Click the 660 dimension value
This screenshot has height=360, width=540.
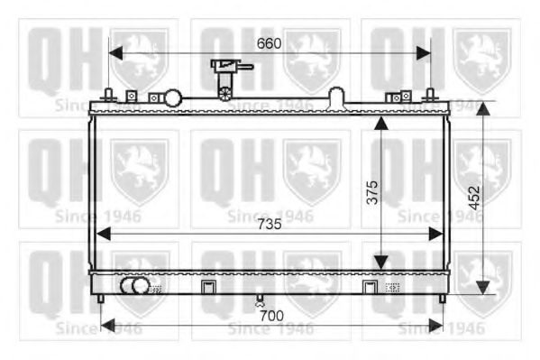(269, 42)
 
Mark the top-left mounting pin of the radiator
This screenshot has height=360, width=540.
(109, 93)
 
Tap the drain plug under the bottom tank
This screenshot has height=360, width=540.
(261, 300)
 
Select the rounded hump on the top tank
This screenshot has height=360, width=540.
(335, 95)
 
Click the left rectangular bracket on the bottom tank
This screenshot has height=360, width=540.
(208, 288)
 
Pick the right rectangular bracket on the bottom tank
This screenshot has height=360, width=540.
(369, 288)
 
